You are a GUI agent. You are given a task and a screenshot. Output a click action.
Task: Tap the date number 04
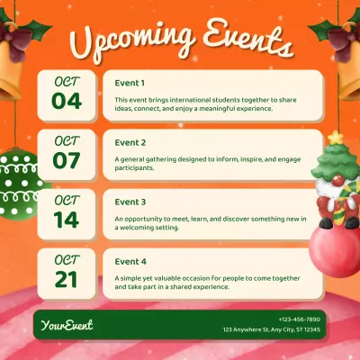coord(67,100)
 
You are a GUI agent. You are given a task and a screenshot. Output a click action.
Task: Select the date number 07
coord(67,159)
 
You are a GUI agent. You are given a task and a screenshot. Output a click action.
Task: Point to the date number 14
coord(67,219)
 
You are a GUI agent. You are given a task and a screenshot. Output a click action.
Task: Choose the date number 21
coord(67,278)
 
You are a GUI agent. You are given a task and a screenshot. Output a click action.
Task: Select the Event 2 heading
coord(130,142)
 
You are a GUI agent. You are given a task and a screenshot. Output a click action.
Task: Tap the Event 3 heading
coord(130,202)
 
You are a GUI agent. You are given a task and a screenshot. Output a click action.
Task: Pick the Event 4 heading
coord(130,261)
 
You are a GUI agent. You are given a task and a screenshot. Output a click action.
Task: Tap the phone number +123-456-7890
coord(299,319)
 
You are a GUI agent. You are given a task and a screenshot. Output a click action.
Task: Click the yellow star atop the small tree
coord(336,138)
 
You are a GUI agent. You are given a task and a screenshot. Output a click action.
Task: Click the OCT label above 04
coord(67,79)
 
